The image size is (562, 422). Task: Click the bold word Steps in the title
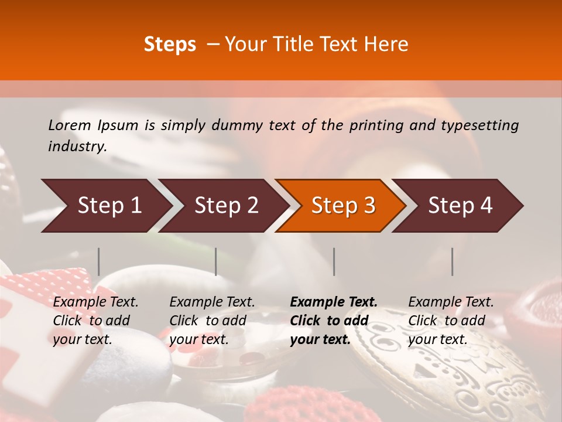(x=170, y=45)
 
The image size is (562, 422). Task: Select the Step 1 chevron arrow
(x=105, y=206)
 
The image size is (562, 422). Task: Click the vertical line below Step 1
(x=99, y=261)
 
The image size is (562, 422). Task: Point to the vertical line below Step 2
(x=216, y=261)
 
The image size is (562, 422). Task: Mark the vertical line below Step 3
(x=334, y=261)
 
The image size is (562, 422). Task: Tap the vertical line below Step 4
(x=452, y=261)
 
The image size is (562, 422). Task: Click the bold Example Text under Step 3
(x=334, y=302)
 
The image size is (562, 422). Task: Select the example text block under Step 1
(x=95, y=321)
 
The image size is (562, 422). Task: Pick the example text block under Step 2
(x=212, y=321)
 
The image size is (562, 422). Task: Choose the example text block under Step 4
(x=451, y=321)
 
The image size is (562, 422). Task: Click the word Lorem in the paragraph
(x=70, y=125)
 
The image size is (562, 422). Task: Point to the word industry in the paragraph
(x=77, y=147)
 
